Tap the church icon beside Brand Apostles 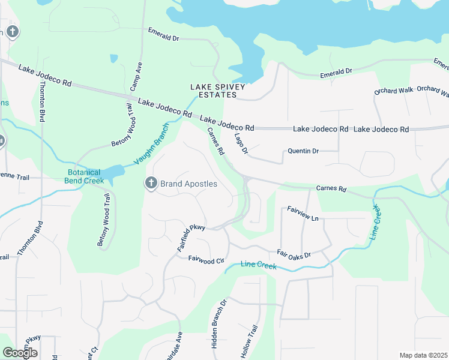[151, 183]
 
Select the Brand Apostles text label [188, 184]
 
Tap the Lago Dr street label [241, 143]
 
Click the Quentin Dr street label [303, 151]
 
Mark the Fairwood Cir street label [206, 260]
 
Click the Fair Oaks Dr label [294, 254]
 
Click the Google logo [20, 352]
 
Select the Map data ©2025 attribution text [423, 355]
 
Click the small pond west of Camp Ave [114, 59]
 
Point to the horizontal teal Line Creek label [259, 265]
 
